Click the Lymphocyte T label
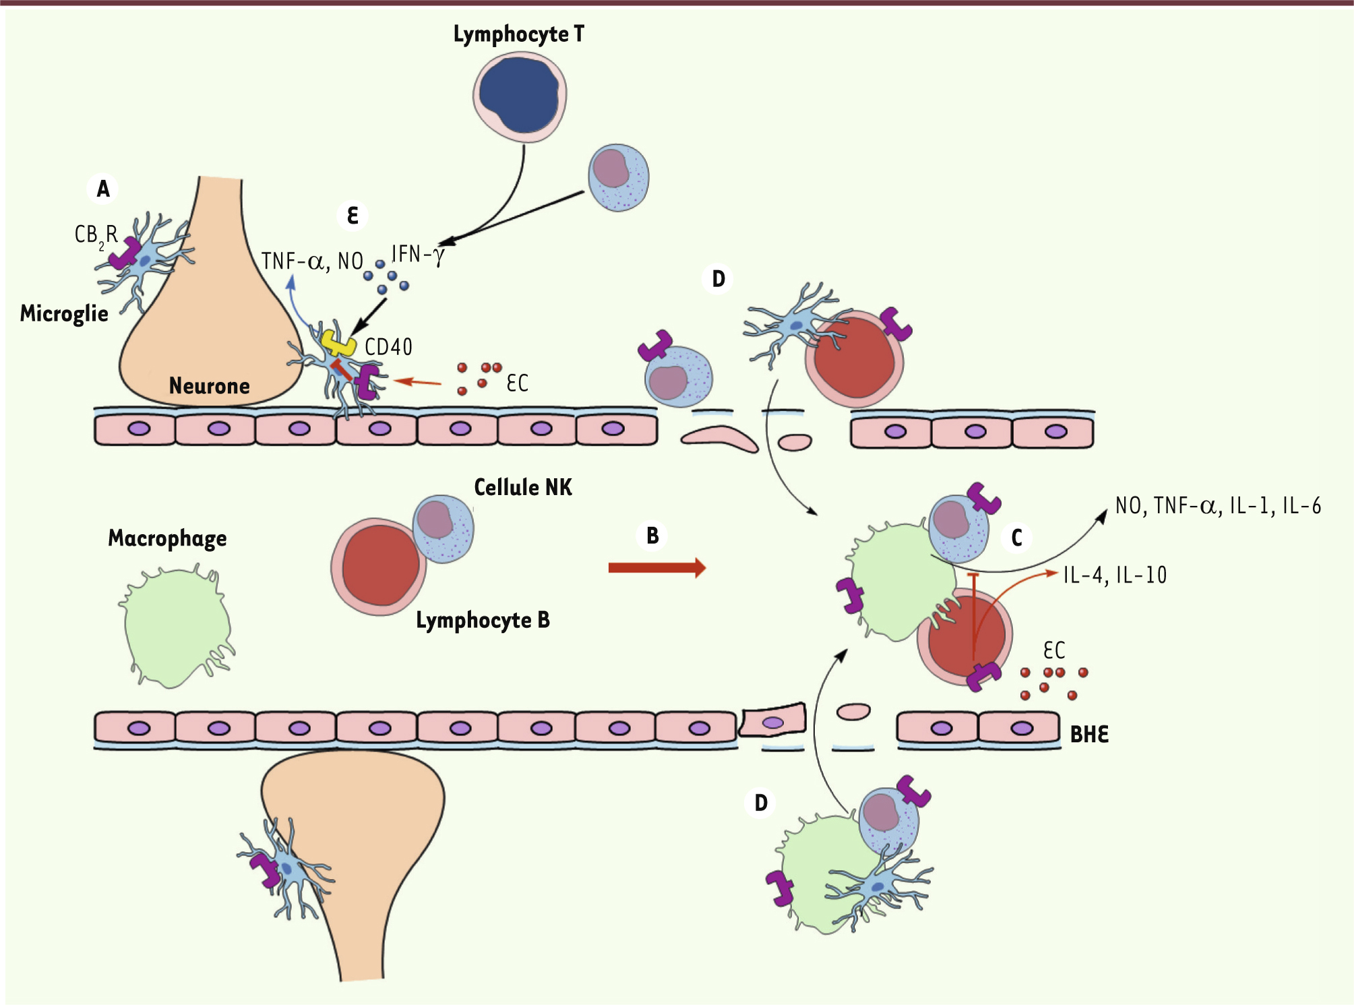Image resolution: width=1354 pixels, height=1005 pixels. coord(518,34)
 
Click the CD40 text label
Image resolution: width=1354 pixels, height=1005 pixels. coord(388,348)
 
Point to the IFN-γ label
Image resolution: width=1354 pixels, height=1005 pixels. coord(418,255)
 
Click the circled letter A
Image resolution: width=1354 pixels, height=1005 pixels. coord(103,189)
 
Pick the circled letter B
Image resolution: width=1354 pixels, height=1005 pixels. coord(652,536)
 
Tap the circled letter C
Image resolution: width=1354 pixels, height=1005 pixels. coord(1017,538)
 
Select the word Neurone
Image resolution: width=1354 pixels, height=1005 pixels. coord(209,386)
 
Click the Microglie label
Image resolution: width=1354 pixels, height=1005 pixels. coord(64,314)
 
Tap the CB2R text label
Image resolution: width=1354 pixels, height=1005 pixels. coord(96,234)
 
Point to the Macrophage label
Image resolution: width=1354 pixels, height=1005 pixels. coord(167,538)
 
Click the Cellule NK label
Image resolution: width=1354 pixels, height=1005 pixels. coord(523,488)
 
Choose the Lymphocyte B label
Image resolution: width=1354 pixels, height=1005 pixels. coord(483,620)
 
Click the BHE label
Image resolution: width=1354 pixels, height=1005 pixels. coord(1089,734)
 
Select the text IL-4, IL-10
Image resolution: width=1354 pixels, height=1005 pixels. coord(1115,575)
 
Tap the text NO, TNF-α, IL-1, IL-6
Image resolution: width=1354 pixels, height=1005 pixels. coord(1218,506)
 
